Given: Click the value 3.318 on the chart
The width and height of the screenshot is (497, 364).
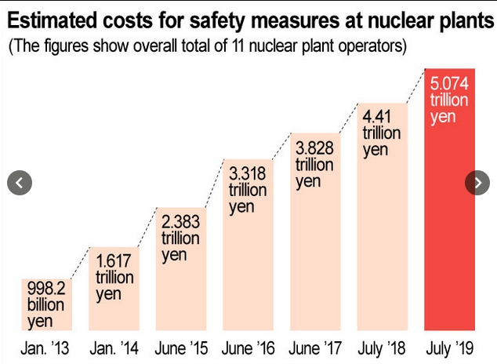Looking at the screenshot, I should pos(248,173).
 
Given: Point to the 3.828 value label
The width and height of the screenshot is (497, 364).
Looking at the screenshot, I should pos(314,148).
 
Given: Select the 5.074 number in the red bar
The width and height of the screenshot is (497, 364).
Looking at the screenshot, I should pos(450,83).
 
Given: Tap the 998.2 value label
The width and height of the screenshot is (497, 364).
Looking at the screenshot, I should pos(45,287).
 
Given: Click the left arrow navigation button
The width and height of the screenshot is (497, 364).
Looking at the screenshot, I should pos(20,183).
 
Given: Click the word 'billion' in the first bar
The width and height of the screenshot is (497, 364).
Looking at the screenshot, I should pos(45,304).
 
